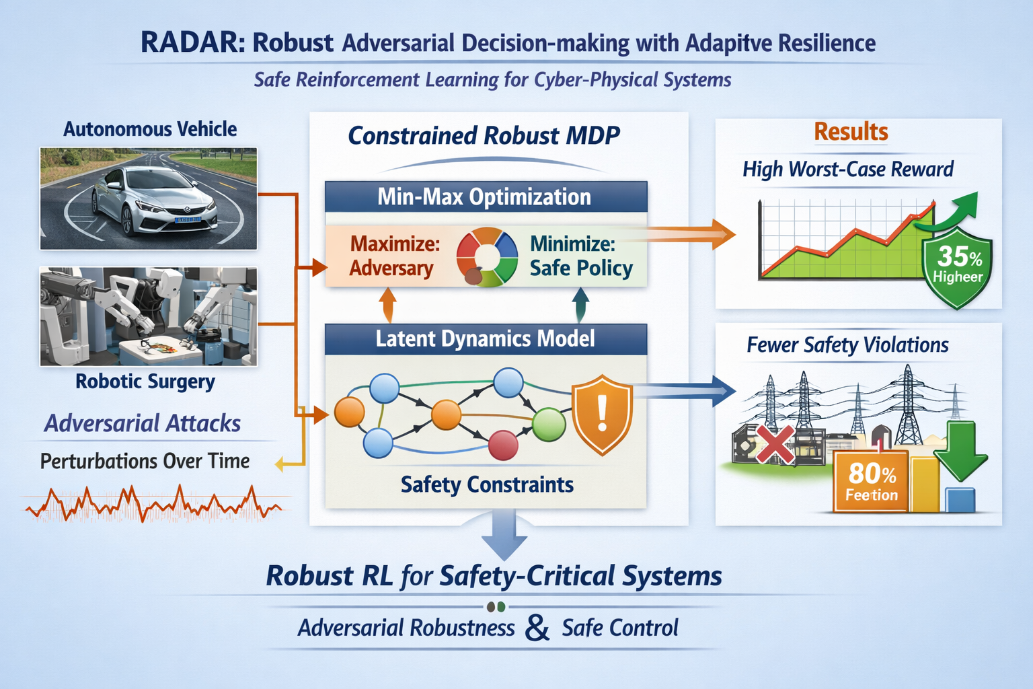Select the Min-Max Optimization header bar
click(485, 197)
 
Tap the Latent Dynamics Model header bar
click(485, 338)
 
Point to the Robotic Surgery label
click(145, 382)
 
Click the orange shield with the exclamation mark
click(602, 414)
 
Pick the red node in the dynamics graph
click(502, 445)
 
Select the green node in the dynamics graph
click(549, 424)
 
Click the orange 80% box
click(872, 481)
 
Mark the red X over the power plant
click(773, 443)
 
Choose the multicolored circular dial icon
click(487, 258)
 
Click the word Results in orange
click(851, 132)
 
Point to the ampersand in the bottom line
click(537, 628)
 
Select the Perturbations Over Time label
click(145, 462)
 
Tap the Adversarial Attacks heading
click(143, 423)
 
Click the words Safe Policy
click(581, 268)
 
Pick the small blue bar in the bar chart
click(960, 499)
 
